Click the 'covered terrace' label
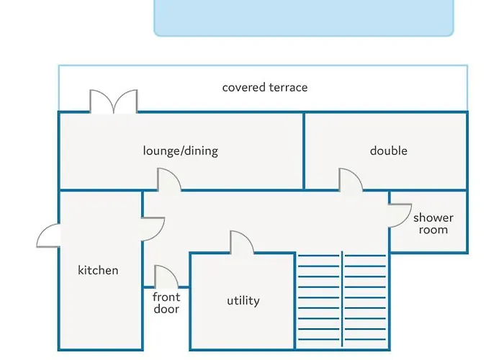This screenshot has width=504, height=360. (x=265, y=87)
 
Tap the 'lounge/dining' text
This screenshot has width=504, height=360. (x=180, y=150)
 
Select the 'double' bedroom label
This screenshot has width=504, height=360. (x=389, y=150)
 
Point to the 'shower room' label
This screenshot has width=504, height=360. (x=433, y=224)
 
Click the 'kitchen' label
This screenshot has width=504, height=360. (x=98, y=270)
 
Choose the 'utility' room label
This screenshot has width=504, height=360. (x=243, y=301)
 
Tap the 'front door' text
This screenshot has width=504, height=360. (x=166, y=303)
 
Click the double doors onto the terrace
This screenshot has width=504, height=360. (x=114, y=102)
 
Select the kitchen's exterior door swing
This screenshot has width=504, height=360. (x=48, y=235)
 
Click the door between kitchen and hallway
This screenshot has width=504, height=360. (x=153, y=229)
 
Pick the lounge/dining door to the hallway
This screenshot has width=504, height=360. (x=169, y=179)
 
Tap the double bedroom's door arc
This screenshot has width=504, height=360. (x=351, y=180)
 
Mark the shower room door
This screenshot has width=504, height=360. (x=400, y=215)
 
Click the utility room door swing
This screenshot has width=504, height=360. (x=242, y=243)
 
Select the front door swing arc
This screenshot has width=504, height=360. (x=166, y=276)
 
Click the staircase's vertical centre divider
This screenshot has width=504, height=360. (x=342, y=300)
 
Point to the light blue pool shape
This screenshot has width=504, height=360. (x=304, y=18)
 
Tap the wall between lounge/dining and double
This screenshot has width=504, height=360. (x=304, y=150)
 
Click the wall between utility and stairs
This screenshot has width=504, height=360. (x=295, y=301)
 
